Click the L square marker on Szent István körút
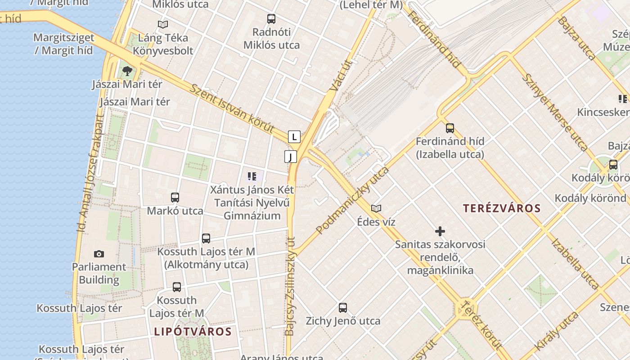click(x=294, y=137)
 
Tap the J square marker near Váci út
click(x=291, y=157)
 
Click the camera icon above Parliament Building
click(x=99, y=254)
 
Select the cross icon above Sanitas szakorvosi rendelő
click(x=440, y=231)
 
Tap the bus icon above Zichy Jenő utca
click(x=343, y=308)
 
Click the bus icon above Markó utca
click(x=175, y=198)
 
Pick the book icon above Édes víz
click(x=376, y=208)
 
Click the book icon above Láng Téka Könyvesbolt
click(x=163, y=24)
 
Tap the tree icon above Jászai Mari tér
click(x=127, y=71)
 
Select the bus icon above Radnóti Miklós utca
click(x=271, y=19)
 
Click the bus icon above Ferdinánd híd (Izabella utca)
click(x=450, y=128)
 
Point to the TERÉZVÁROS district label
click(x=502, y=208)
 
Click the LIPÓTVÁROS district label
click(x=193, y=332)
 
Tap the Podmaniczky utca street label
click(x=352, y=200)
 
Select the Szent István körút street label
click(x=232, y=108)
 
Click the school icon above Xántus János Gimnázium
click(x=252, y=176)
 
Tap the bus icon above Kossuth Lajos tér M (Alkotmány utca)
click(x=206, y=238)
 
